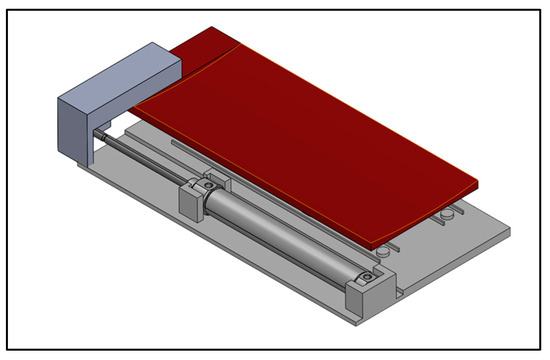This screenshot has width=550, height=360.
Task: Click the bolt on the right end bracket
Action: [x=368, y=276]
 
